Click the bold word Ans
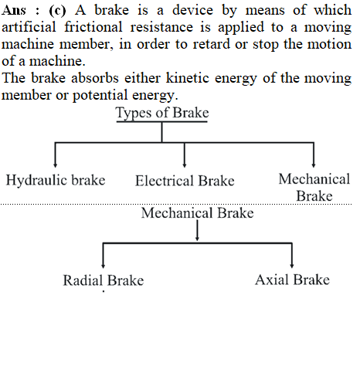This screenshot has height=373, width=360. click(x=14, y=10)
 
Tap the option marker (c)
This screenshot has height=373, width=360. click(x=57, y=11)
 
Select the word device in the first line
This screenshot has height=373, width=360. click(x=192, y=10)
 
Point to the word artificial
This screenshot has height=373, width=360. click(x=29, y=27)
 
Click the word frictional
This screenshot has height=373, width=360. click(x=93, y=27)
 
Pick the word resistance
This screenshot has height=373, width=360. click(x=161, y=27)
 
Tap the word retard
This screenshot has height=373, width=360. click(x=212, y=44)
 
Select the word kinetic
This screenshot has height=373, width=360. click(x=187, y=78)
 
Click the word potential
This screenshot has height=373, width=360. click(x=100, y=95)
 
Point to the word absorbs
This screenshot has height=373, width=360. click(x=95, y=78)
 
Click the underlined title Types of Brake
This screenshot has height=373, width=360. click(x=162, y=113)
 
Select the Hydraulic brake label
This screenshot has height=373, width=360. click(x=56, y=180)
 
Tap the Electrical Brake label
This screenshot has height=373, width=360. click(x=185, y=181)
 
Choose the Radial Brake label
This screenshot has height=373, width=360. click(x=104, y=280)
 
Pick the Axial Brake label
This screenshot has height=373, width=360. click(x=292, y=280)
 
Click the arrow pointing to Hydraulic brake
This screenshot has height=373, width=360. click(x=55, y=155)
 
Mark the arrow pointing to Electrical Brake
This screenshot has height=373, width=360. click(x=185, y=155)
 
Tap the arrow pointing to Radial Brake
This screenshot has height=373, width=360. click(x=104, y=256)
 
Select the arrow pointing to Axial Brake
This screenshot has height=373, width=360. click(x=292, y=256)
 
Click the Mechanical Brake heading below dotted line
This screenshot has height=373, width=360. click(x=198, y=213)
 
